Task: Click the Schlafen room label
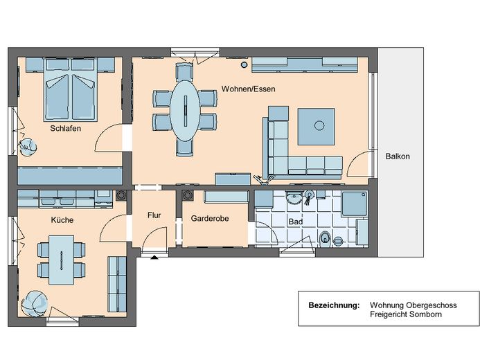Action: click(x=66, y=129)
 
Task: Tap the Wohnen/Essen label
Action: click(x=248, y=89)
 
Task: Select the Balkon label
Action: click(x=398, y=156)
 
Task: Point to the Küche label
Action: click(x=62, y=220)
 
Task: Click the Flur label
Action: click(x=154, y=215)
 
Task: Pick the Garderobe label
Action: click(x=210, y=218)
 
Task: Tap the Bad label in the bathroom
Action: click(x=295, y=222)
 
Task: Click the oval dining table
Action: click(x=185, y=110)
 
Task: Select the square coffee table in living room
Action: click(x=317, y=126)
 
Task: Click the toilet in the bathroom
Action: click(x=325, y=239)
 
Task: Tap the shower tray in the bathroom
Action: click(x=354, y=204)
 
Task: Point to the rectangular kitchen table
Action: click(x=61, y=260)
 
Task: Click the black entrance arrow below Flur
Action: click(x=154, y=258)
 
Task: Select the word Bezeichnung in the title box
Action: click(x=334, y=305)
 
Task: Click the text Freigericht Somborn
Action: click(x=406, y=314)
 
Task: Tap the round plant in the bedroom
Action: click(x=28, y=147)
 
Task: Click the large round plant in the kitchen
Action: click(x=35, y=303)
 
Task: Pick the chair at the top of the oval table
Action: click(x=184, y=72)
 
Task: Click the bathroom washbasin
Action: click(x=294, y=197)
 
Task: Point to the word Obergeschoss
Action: click(x=431, y=305)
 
